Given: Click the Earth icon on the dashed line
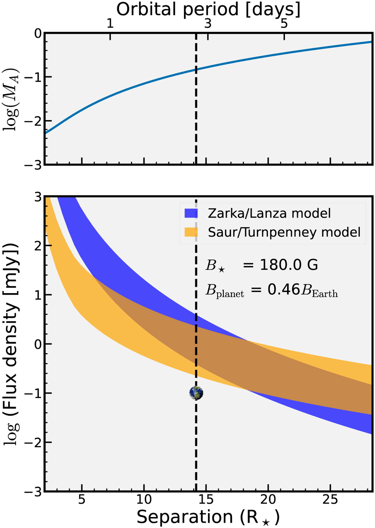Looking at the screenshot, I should pos(196,393).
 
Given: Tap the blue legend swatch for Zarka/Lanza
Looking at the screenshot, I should pos(191,214).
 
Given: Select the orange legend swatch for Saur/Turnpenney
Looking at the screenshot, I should pos(191,232).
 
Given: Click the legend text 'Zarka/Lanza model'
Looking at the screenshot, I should pos(269,214).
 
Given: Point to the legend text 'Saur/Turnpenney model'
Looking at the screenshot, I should pos(284,232).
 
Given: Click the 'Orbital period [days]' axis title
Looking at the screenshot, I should pos(208,9).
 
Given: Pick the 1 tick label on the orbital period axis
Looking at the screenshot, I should pos(110,24).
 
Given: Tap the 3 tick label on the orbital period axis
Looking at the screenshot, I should pos(208,24).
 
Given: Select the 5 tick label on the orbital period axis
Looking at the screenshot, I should pos(284,24).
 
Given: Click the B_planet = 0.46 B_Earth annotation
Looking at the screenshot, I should pos(271,290).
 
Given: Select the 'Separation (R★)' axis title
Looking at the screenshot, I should pos(208,517).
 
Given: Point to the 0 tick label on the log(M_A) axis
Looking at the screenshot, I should pos(38,33).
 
